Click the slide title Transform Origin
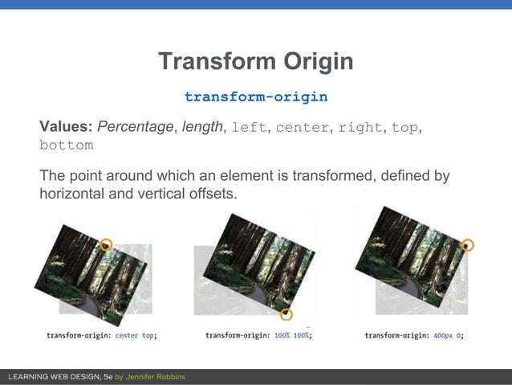(255, 62)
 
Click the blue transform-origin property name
(255, 96)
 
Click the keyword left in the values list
(249, 127)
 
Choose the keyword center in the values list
(302, 127)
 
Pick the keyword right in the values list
(360, 127)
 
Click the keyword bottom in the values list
(66, 145)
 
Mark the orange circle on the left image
(106, 244)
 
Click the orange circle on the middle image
(286, 314)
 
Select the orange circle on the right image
(469, 244)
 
